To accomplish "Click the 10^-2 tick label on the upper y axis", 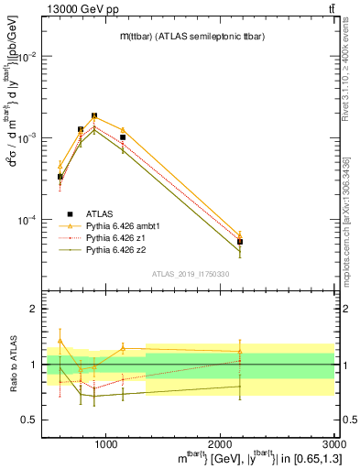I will [x=30, y=57].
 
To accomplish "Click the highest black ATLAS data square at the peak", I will [x=94, y=116].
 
